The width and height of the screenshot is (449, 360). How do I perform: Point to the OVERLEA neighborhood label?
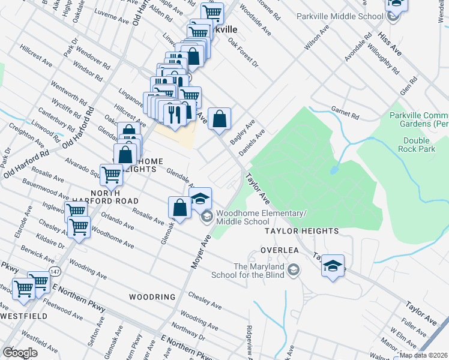click(279, 250)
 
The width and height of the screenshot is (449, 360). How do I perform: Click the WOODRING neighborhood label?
click(152, 297)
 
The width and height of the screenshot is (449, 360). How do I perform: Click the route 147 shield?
click(55, 272)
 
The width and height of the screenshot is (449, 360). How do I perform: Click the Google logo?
click(20, 353)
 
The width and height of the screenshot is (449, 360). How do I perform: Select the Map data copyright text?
click(423, 355)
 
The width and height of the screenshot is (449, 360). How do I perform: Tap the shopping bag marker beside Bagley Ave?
click(220, 118)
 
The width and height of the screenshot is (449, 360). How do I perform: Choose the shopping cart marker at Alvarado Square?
click(112, 175)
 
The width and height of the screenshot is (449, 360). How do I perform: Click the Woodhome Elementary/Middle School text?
click(261, 217)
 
